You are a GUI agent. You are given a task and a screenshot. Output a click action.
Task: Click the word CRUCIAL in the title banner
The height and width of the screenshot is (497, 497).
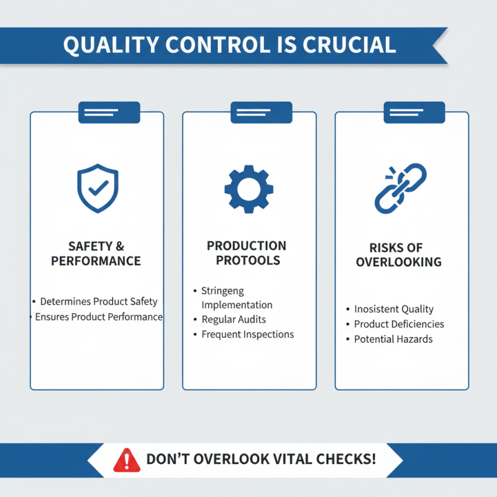pos(349,45)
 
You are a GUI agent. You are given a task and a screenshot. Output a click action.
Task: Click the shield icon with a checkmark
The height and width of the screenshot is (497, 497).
pos(98,188)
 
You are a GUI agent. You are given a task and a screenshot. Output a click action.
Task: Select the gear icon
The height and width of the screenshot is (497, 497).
pos(249,189)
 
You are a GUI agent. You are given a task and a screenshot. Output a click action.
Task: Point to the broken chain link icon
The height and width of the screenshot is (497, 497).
pos(401,188)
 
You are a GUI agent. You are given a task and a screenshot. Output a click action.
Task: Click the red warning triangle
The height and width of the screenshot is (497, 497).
pos(127,460)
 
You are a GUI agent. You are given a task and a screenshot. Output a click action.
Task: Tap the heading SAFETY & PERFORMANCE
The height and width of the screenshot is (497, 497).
pos(96,253)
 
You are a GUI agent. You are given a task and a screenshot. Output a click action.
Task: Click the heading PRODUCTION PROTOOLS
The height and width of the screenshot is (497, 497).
pos(247,253)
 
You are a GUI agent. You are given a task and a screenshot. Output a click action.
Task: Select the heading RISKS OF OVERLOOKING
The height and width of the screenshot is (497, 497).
pos(399,255)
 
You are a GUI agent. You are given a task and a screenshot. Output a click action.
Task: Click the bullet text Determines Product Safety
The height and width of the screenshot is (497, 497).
pos(99,301)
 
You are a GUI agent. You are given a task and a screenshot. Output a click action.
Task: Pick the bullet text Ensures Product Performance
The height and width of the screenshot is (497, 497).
pos(99,317)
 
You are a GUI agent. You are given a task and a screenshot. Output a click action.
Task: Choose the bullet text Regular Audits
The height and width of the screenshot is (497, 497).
pos(234,319)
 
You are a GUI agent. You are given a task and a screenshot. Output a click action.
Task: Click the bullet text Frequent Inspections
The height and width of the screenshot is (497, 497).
pos(248,334)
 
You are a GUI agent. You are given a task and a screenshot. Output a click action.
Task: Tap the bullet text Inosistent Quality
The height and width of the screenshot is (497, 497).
pos(394,309)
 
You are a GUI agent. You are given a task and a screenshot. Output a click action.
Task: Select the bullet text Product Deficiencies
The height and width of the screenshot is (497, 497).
pos(399,324)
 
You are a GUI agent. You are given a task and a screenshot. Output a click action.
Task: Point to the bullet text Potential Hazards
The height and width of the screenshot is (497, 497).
pos(393,339)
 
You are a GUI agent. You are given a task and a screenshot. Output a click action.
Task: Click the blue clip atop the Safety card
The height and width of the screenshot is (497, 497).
pos(109,112)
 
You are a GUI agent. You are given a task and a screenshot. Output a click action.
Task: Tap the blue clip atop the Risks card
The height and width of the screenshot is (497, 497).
pos(414,112)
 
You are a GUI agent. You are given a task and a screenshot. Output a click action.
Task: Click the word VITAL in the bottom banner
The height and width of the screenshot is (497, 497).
pos(292,459)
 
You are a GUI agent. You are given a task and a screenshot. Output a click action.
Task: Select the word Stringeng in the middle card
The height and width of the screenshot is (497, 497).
pos(223,291)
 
